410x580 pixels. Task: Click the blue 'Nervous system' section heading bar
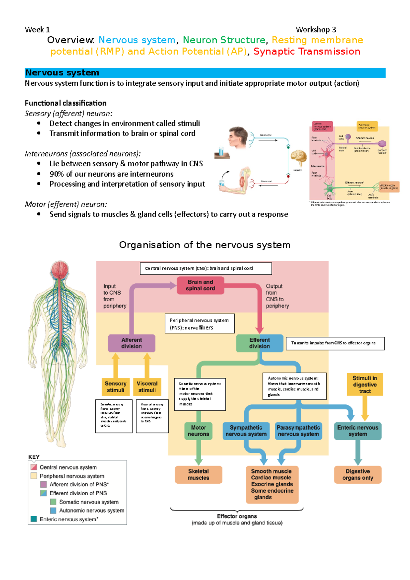205,73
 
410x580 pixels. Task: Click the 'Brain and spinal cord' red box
200,285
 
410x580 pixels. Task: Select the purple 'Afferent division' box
132,343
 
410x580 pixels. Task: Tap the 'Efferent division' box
259,343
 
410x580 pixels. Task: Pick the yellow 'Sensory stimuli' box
115,387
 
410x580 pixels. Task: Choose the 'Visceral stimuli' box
147,387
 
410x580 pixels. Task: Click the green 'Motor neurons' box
199,431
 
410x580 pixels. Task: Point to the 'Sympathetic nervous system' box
246,431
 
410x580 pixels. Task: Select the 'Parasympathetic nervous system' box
298,431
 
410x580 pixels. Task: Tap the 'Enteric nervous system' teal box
357,431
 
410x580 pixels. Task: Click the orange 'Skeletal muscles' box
199,474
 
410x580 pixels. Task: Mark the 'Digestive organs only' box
357,474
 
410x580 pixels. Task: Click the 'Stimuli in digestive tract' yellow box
365,384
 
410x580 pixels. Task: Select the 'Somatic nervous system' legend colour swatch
53,502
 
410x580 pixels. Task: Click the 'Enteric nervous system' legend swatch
33,519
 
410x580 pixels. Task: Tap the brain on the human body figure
60,269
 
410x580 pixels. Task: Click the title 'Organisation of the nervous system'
205,245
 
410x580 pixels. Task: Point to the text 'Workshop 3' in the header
316,30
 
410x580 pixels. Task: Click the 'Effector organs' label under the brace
237,516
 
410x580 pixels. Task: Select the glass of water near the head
221,151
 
